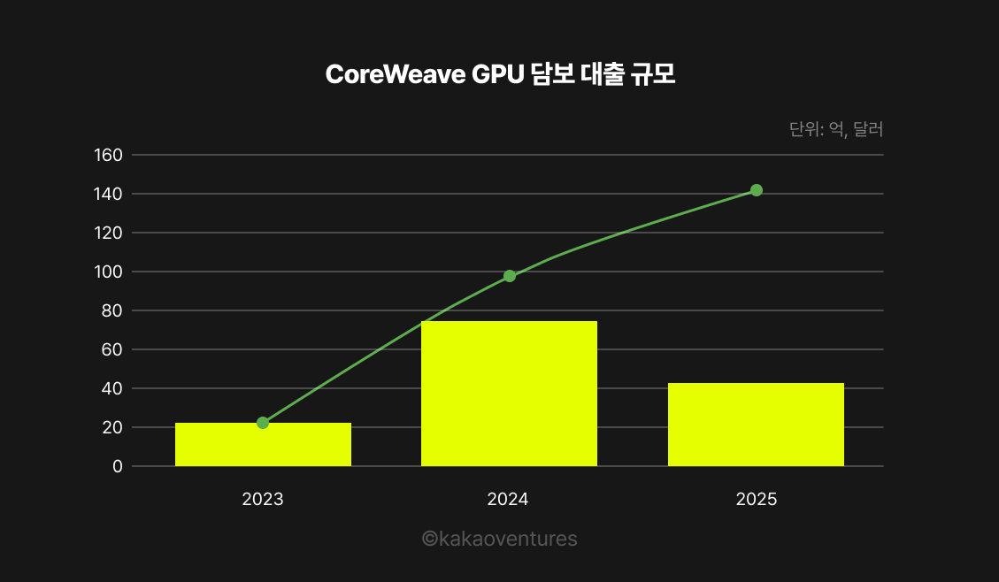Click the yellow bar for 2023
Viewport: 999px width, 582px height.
pyautogui.click(x=263, y=445)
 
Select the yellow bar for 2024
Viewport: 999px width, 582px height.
pyautogui.click(x=509, y=394)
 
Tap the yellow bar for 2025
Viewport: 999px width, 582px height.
pyautogui.click(x=756, y=425)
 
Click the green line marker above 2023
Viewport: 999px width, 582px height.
pyautogui.click(x=263, y=423)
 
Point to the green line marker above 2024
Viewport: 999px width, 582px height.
pyautogui.click(x=510, y=276)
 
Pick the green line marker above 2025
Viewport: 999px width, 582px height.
pyautogui.click(x=757, y=190)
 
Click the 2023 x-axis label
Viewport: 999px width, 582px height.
pyautogui.click(x=263, y=500)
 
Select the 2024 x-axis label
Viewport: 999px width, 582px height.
pyautogui.click(x=508, y=500)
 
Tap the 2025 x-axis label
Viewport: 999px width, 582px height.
pyautogui.click(x=756, y=500)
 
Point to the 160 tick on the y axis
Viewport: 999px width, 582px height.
pyautogui.click(x=107, y=156)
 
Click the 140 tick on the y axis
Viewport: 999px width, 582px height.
pyautogui.click(x=107, y=195)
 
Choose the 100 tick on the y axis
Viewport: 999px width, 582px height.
pyautogui.click(x=107, y=272)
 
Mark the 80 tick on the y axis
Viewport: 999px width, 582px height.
pyautogui.click(x=111, y=311)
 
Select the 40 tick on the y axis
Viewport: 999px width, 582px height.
pyautogui.click(x=111, y=389)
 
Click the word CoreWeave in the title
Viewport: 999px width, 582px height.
pyautogui.click(x=395, y=75)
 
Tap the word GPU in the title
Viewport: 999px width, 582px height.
pyautogui.click(x=497, y=75)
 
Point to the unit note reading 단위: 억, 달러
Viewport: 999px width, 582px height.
pyautogui.click(x=836, y=130)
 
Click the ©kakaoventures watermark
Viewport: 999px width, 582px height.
pyautogui.click(x=500, y=539)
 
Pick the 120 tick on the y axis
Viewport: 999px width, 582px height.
pyautogui.click(x=107, y=234)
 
